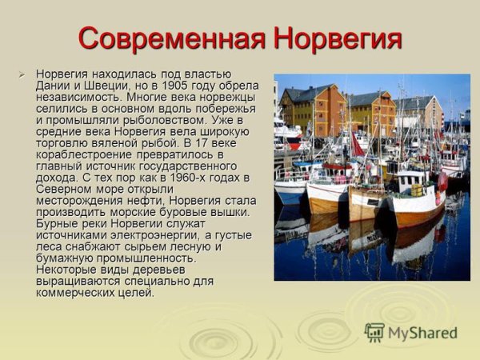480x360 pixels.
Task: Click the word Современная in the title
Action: click(x=171, y=38)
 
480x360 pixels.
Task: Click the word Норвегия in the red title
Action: click(x=336, y=38)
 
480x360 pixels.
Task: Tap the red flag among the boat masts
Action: click(x=357, y=146)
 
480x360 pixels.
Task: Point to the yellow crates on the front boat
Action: click(x=415, y=190)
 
